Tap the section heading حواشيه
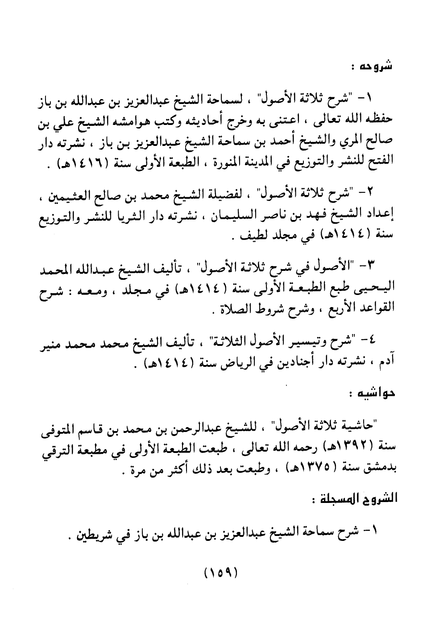point(369,394)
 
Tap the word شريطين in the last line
point(92,533)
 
